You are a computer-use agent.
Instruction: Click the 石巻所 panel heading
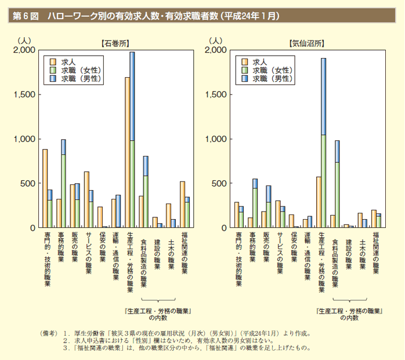pos(114,42)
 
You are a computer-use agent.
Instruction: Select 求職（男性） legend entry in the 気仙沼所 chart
pos(272,78)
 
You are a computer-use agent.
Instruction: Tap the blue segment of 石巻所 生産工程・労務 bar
pos(132,96)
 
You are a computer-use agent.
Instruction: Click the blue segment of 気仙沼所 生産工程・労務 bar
pos(323,96)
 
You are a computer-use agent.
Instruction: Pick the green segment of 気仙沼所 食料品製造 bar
pos(337,195)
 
